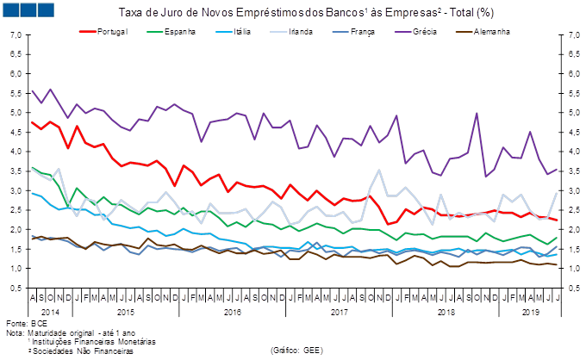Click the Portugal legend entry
(112, 31)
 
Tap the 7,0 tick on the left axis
(16, 35)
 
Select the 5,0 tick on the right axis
(569, 113)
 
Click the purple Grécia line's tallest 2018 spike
(477, 113)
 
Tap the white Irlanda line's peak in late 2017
(379, 171)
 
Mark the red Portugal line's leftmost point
(31, 122)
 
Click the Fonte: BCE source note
(19, 323)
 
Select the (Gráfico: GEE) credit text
(296, 351)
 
